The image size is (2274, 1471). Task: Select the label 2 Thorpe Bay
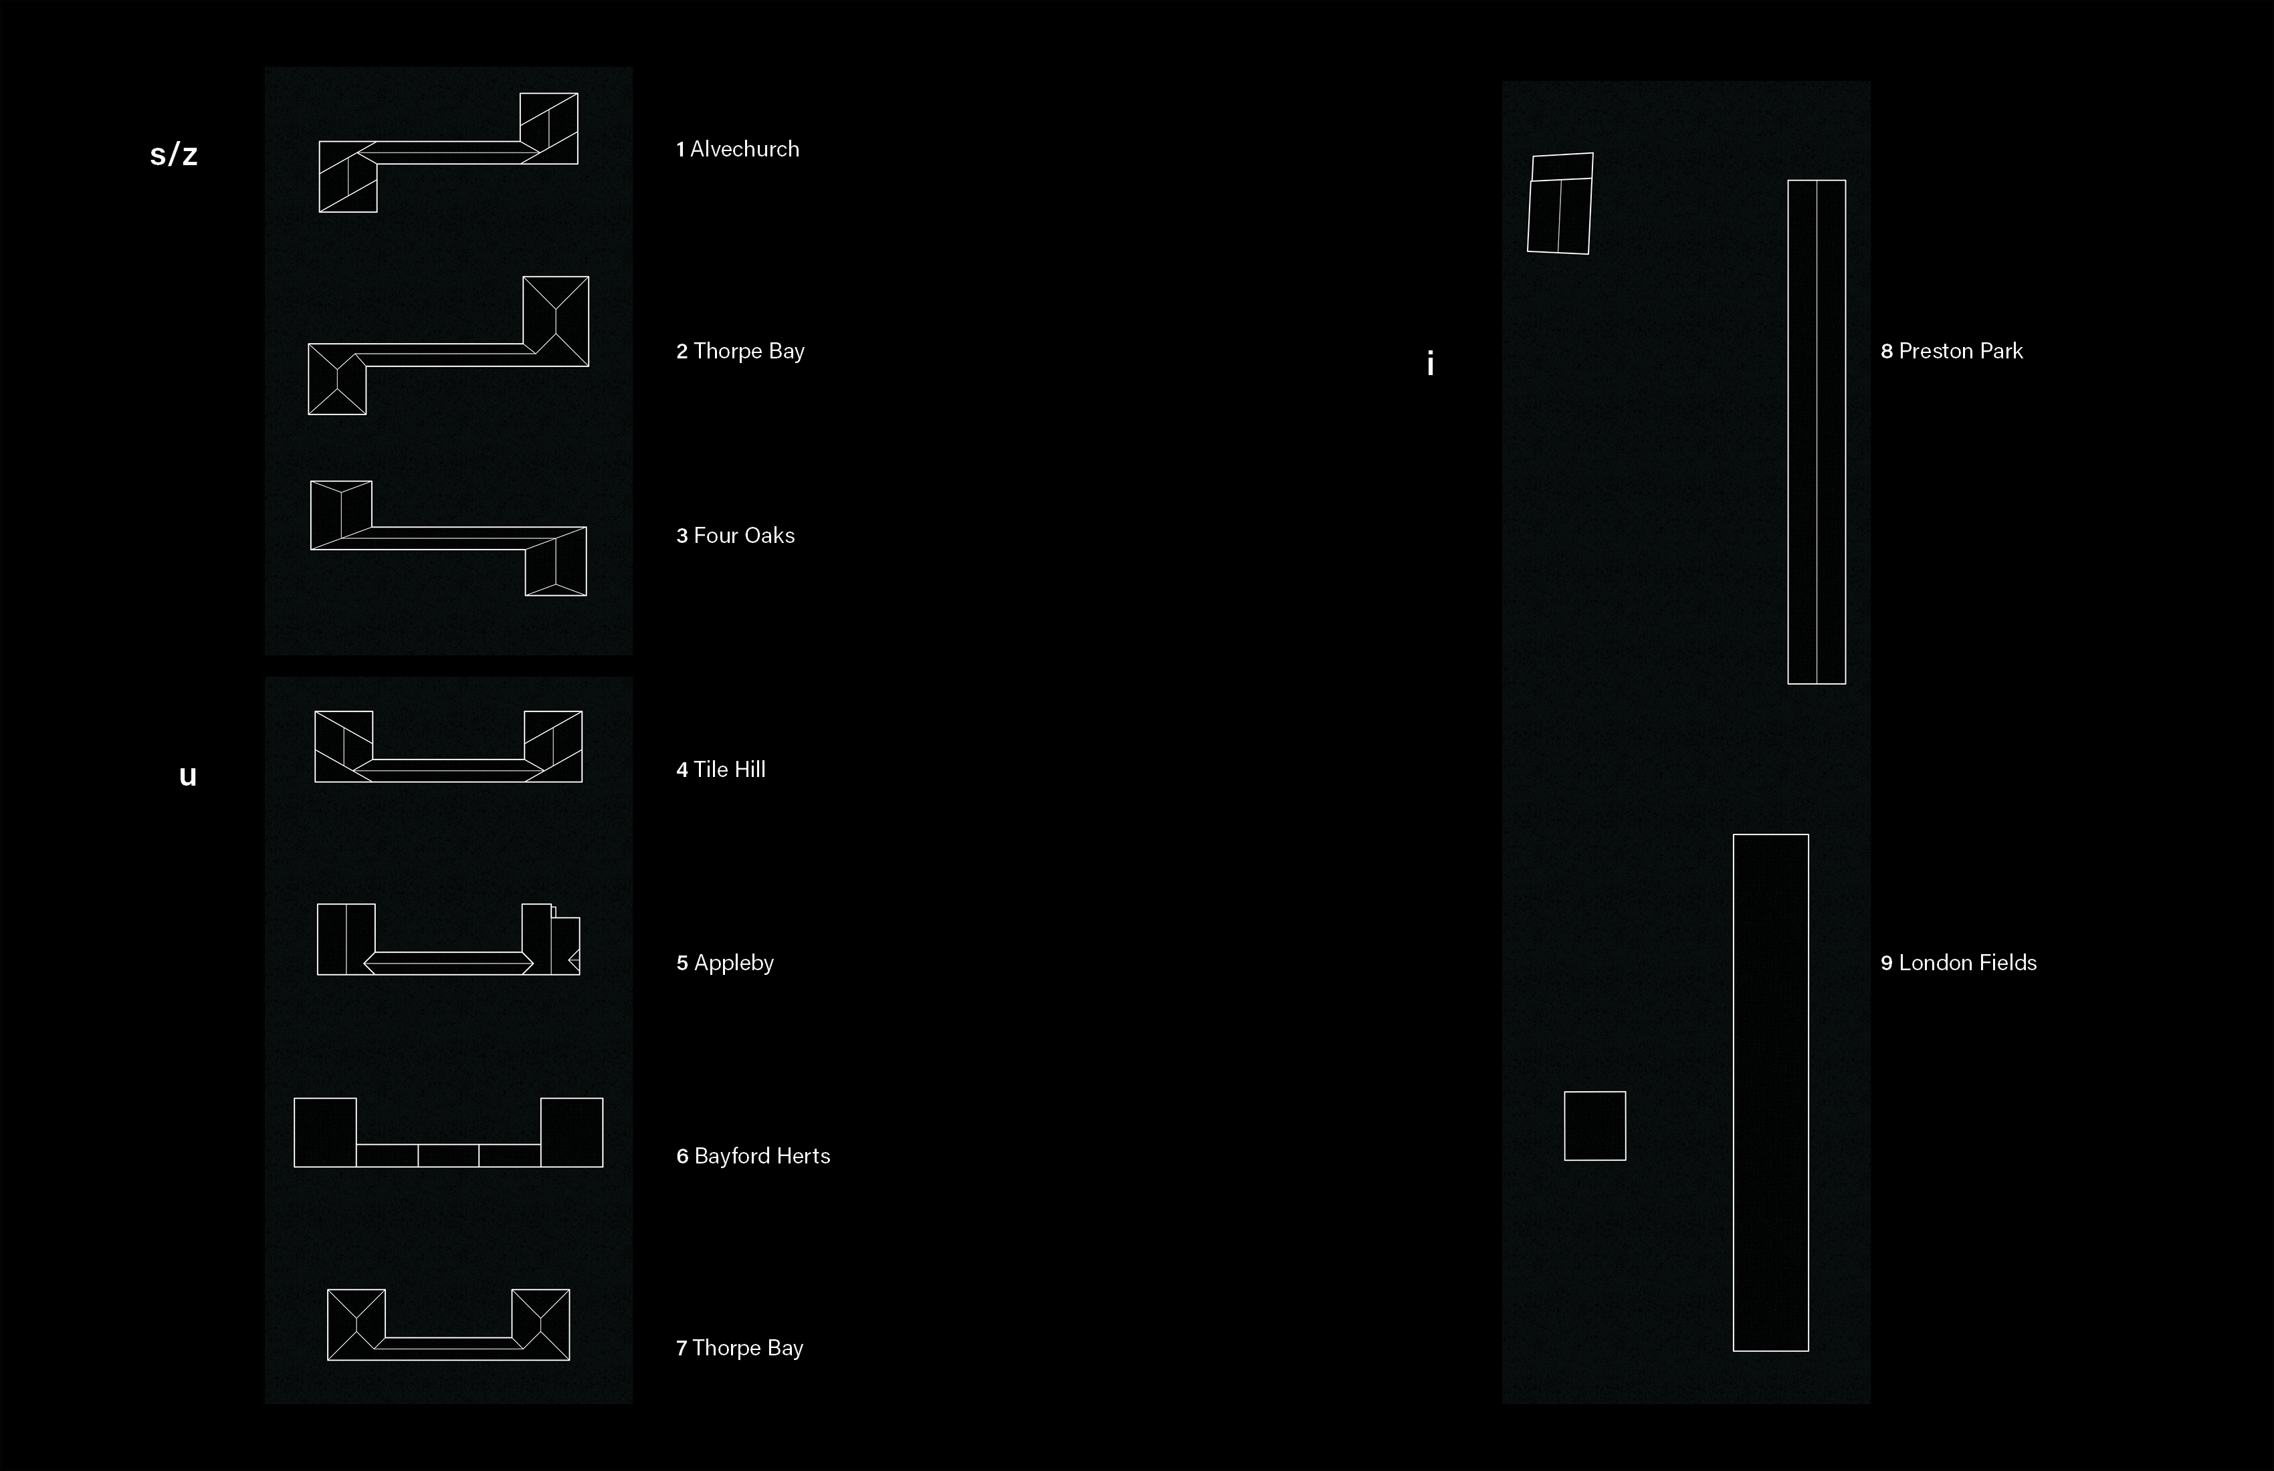[740, 350]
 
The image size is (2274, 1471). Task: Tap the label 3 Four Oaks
[735, 535]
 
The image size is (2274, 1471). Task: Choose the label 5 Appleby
[724, 962]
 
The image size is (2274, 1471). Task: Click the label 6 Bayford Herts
[753, 1156]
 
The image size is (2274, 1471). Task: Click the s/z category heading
[174, 154]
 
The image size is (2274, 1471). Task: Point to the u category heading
[187, 775]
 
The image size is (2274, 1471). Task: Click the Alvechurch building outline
[448, 153]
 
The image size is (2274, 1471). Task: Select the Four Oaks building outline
[448, 538]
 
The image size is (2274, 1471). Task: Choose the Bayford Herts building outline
[448, 1155]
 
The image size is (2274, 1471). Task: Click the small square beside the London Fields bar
[1594, 1125]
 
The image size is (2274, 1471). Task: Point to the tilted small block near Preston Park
[1560, 203]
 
